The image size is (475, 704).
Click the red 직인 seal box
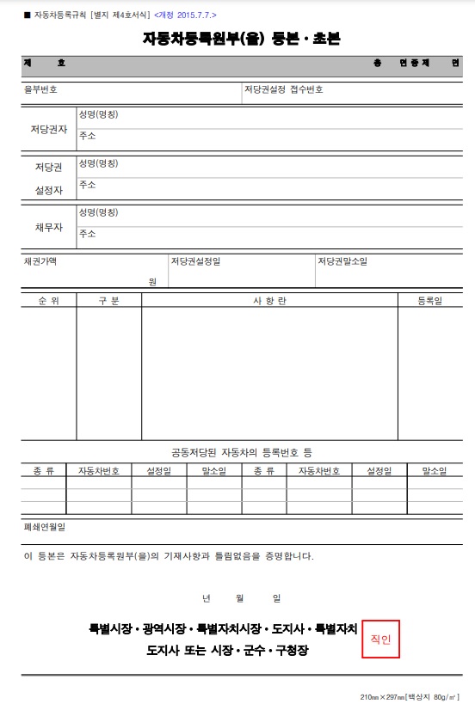tap(379, 639)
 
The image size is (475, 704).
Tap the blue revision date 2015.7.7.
tap(186, 15)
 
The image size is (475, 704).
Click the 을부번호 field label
tap(40, 89)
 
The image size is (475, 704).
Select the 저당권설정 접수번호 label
tap(283, 89)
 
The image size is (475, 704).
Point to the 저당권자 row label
tap(49, 129)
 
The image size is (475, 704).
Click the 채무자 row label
tap(49, 227)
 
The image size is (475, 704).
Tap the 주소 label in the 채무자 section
tap(87, 234)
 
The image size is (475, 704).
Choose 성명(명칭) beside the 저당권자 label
tap(98, 113)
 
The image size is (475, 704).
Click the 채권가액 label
tap(40, 260)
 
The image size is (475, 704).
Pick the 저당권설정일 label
tap(195, 260)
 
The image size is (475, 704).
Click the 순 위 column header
tap(48, 301)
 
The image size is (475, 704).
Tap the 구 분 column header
tap(108, 301)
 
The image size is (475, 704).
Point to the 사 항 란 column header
tap(268, 301)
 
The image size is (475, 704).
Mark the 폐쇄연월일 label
tap(44, 526)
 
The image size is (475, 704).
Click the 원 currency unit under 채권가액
tap(152, 281)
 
